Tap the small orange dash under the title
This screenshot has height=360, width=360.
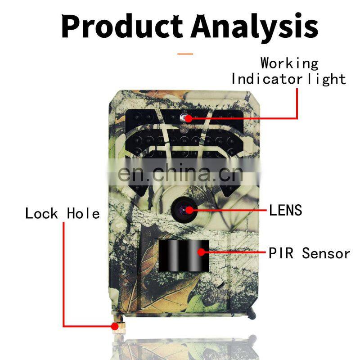point(185,54)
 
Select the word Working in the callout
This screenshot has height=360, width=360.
point(289,63)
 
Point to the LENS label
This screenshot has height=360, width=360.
point(285,210)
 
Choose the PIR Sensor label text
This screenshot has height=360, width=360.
point(309,253)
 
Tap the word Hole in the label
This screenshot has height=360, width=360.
point(83,213)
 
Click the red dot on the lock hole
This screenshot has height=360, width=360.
point(114,326)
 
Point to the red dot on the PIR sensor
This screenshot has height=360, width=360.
point(202,252)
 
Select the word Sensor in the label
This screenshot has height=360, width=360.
point(326,253)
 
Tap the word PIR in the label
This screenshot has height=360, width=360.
point(281,253)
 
